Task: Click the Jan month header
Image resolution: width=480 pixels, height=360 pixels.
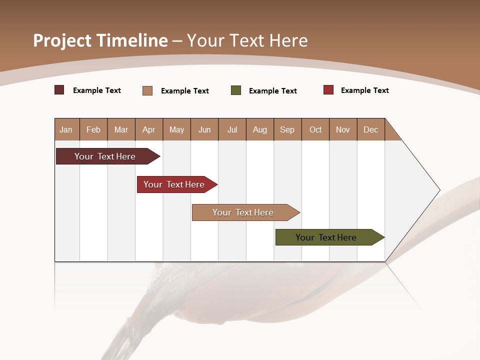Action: (x=66, y=129)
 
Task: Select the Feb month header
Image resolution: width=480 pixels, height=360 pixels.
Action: (x=93, y=129)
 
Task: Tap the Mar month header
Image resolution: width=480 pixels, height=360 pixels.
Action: (x=121, y=129)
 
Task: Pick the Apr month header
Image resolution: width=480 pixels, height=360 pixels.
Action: (x=149, y=129)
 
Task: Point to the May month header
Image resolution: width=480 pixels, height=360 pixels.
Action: (x=176, y=129)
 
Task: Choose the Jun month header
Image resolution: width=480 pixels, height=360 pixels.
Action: (x=204, y=129)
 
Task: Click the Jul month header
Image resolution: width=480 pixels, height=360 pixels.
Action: (x=232, y=129)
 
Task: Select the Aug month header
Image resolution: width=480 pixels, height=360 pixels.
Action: (x=260, y=129)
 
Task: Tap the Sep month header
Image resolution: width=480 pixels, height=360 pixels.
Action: (x=287, y=129)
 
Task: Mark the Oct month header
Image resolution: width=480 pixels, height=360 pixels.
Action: (x=315, y=129)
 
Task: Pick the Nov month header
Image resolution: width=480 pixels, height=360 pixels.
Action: (x=343, y=129)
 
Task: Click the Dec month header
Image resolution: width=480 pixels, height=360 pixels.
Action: (x=371, y=129)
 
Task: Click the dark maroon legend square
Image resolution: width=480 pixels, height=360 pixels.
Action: (x=59, y=90)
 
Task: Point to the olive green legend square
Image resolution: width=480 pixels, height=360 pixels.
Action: (x=236, y=90)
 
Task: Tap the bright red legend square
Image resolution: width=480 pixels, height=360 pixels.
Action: (x=328, y=90)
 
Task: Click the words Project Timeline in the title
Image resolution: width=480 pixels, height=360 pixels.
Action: (x=100, y=40)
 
